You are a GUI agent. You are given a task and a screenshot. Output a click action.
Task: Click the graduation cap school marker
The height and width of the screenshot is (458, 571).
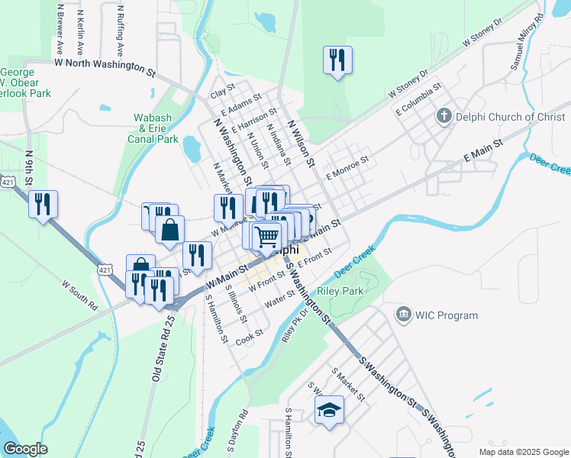330,410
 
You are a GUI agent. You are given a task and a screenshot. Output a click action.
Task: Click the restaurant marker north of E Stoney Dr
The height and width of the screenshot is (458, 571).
337,60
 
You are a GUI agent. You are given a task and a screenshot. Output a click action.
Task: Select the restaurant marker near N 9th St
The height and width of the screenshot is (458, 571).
43,204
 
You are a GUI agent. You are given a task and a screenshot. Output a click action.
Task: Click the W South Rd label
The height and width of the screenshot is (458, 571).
80,295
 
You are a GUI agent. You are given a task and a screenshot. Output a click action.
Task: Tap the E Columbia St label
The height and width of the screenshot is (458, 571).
419,101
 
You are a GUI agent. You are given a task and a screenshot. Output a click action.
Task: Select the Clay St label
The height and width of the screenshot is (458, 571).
222,95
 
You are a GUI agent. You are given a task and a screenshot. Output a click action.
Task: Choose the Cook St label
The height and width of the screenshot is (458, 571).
250,336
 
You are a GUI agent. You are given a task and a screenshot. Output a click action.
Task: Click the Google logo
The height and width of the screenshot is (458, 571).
26,449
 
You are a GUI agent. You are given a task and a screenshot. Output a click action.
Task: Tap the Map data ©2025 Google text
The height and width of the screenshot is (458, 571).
523,452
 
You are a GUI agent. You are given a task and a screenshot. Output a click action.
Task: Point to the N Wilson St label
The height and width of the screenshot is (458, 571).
301,143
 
